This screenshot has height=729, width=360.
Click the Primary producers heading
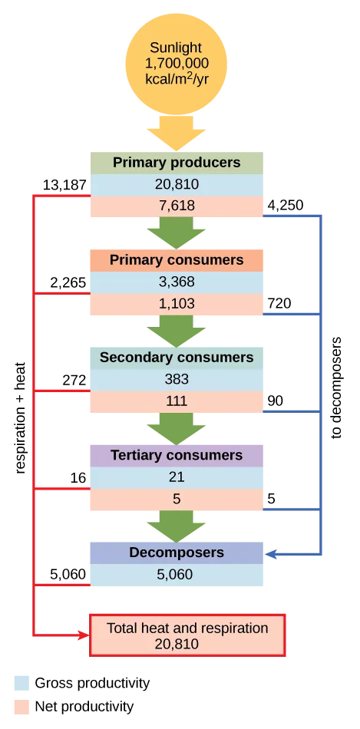(x=176, y=163)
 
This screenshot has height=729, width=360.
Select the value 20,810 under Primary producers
(x=176, y=184)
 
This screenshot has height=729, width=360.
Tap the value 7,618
(x=176, y=206)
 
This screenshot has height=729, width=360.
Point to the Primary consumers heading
(x=176, y=260)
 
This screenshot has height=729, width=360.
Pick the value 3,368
(x=176, y=282)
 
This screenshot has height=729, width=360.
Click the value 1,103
(x=176, y=304)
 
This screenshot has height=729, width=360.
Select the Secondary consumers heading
(x=176, y=358)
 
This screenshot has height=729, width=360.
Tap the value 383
(x=176, y=379)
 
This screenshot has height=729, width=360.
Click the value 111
(x=176, y=401)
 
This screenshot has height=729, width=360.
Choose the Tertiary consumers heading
(x=176, y=455)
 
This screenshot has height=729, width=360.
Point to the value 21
(x=176, y=477)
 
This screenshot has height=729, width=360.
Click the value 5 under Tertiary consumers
(x=176, y=499)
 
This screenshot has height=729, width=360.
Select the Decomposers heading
(x=176, y=553)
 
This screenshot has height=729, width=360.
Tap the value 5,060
(x=176, y=575)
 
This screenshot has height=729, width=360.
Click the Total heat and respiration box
(x=187, y=635)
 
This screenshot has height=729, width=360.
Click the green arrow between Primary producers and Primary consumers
(x=176, y=233)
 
